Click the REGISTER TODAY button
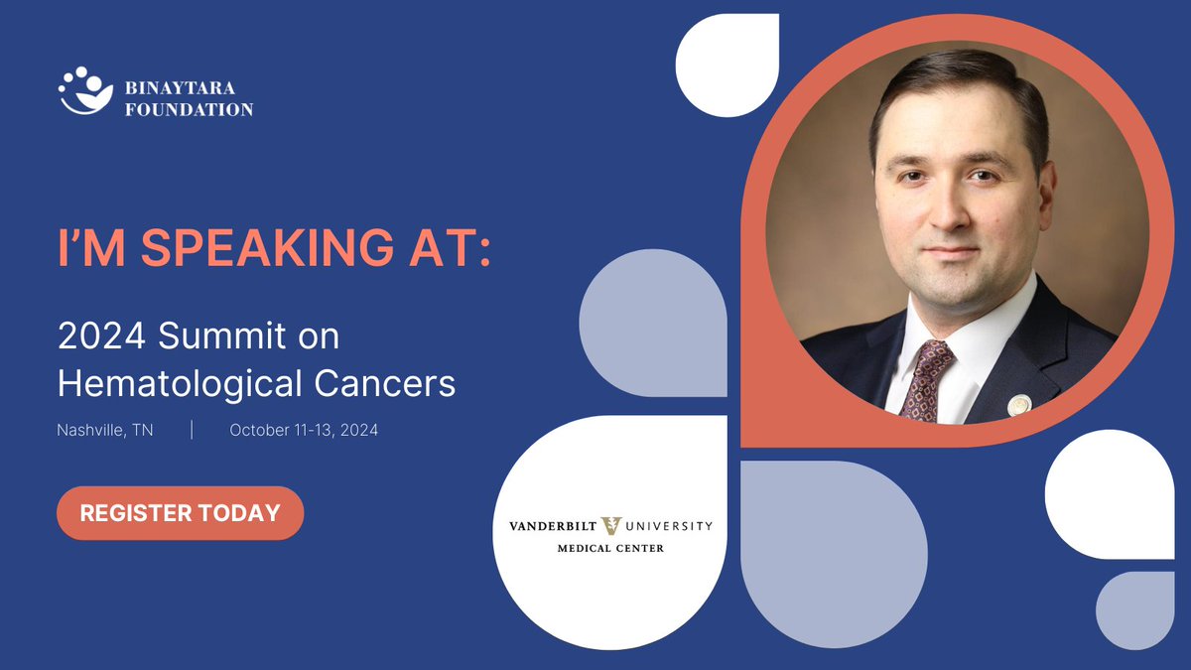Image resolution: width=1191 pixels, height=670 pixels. click(180, 513)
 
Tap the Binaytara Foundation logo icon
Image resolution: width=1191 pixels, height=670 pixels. click(84, 91)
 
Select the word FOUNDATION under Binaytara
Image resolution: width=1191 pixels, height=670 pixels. click(189, 109)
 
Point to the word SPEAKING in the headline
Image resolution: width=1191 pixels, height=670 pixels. click(281, 250)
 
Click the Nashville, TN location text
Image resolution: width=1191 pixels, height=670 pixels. click(105, 431)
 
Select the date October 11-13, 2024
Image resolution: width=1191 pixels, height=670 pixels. click(304, 431)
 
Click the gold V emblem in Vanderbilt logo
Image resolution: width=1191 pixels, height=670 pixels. click(611, 527)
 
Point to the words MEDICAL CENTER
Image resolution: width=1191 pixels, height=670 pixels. click(610, 548)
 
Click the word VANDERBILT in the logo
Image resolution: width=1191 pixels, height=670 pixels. click(550, 527)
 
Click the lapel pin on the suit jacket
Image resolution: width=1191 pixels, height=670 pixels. click(1018, 405)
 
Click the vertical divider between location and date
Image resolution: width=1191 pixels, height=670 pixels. click(192, 431)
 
